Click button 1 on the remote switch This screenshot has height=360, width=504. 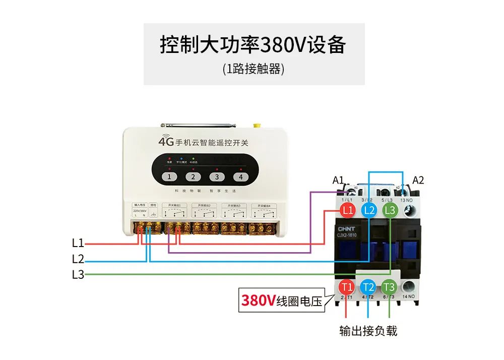[170, 177]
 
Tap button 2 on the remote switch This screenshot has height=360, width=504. [193, 177]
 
